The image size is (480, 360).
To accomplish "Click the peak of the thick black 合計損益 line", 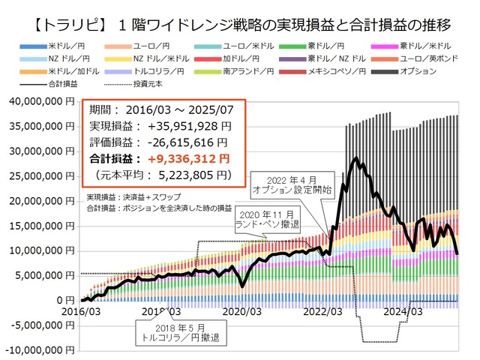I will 356,158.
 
